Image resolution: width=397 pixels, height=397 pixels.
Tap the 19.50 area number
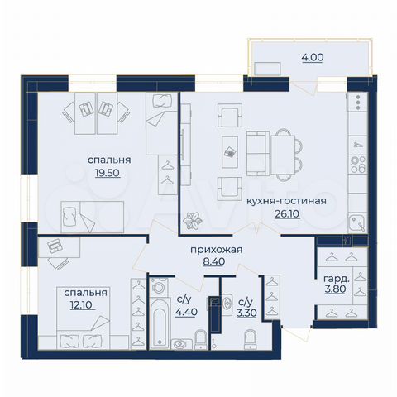click(108, 175)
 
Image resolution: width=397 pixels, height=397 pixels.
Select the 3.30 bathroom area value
click(246, 312)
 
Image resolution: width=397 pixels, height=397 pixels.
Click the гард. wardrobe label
click(335, 278)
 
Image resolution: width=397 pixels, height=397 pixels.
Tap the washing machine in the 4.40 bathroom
click(160, 291)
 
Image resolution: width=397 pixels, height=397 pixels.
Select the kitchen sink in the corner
click(356, 221)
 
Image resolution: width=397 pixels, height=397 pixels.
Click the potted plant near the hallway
click(196, 220)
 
